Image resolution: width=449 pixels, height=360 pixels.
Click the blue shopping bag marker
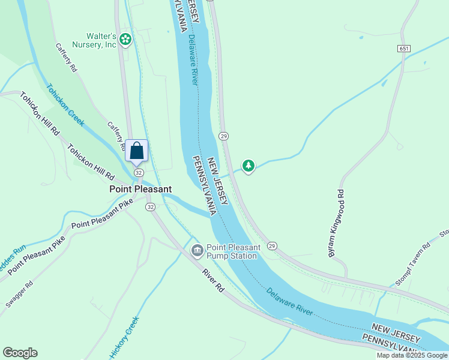tap(137, 151)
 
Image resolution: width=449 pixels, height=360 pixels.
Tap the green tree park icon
tap(248, 165)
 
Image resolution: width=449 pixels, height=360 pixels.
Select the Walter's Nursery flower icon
tap(125, 40)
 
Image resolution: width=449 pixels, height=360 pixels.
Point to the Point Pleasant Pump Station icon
tap(196, 250)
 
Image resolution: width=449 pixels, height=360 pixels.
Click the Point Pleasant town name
tap(140, 189)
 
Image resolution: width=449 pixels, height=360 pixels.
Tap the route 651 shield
tap(403, 47)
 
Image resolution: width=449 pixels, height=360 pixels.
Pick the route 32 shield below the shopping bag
tap(139, 172)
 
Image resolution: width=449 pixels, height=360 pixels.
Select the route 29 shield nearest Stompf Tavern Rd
tap(272, 246)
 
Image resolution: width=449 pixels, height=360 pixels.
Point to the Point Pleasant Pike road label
tap(101, 216)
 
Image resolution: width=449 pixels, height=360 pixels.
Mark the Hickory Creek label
tap(124, 337)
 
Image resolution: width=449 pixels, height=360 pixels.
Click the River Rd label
tap(212, 281)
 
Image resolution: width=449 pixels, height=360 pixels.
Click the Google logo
tap(20, 353)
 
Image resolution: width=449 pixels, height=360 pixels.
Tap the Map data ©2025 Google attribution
tap(412, 355)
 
